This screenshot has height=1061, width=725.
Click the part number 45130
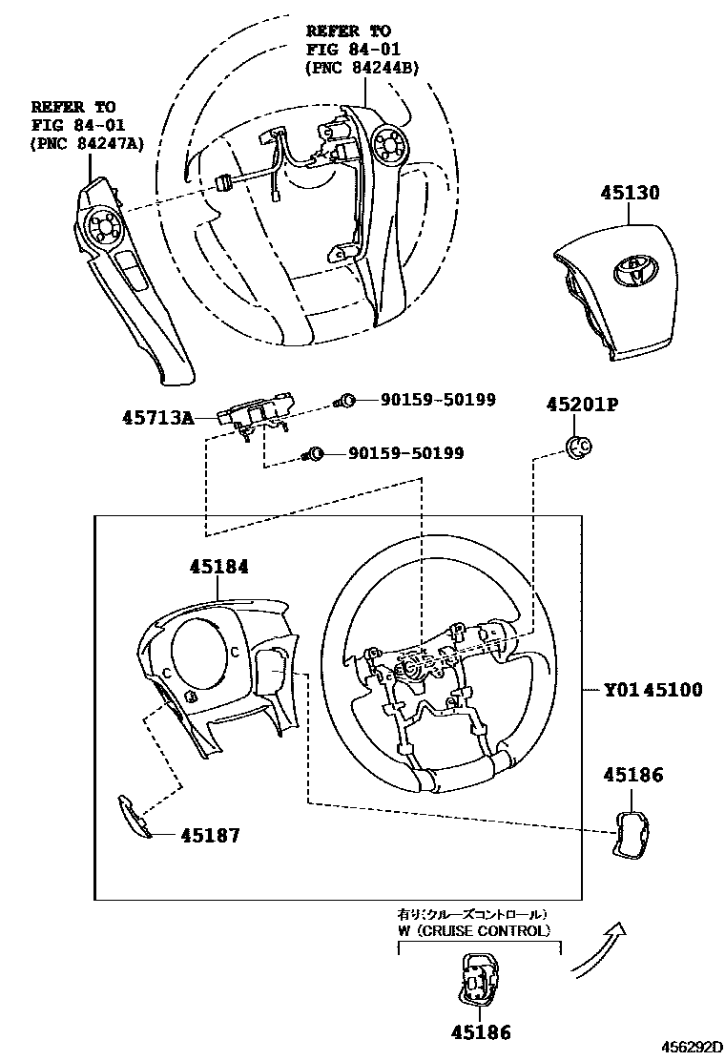tap(630, 193)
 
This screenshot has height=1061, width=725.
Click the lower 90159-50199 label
tap(404, 453)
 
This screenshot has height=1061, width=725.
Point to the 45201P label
tap(582, 405)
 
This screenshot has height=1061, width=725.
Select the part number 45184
tap(218, 567)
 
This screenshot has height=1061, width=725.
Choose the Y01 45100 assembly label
tap(652, 689)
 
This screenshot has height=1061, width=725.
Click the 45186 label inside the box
tap(632, 776)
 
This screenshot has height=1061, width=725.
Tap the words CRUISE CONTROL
tap(492, 930)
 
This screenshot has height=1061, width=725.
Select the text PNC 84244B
tap(362, 68)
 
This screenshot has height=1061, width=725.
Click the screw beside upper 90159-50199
tap(348, 401)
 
